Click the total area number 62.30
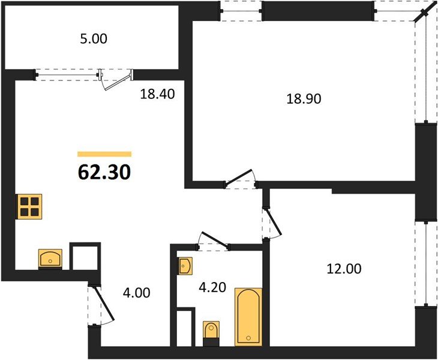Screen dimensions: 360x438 click(x=104, y=172)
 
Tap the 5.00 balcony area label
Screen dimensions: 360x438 click(x=93, y=40)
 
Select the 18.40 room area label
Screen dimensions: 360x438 click(x=157, y=94)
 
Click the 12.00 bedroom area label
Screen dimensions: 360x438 click(x=344, y=269)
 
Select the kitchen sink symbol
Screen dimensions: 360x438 click(x=52, y=259)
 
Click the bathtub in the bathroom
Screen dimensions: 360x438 click(x=248, y=317)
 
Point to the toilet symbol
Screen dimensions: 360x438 click(x=211, y=333)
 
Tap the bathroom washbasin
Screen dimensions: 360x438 click(x=185, y=265)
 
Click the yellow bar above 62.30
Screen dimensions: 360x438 click(x=104, y=154)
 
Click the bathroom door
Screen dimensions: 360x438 click(x=214, y=239)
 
